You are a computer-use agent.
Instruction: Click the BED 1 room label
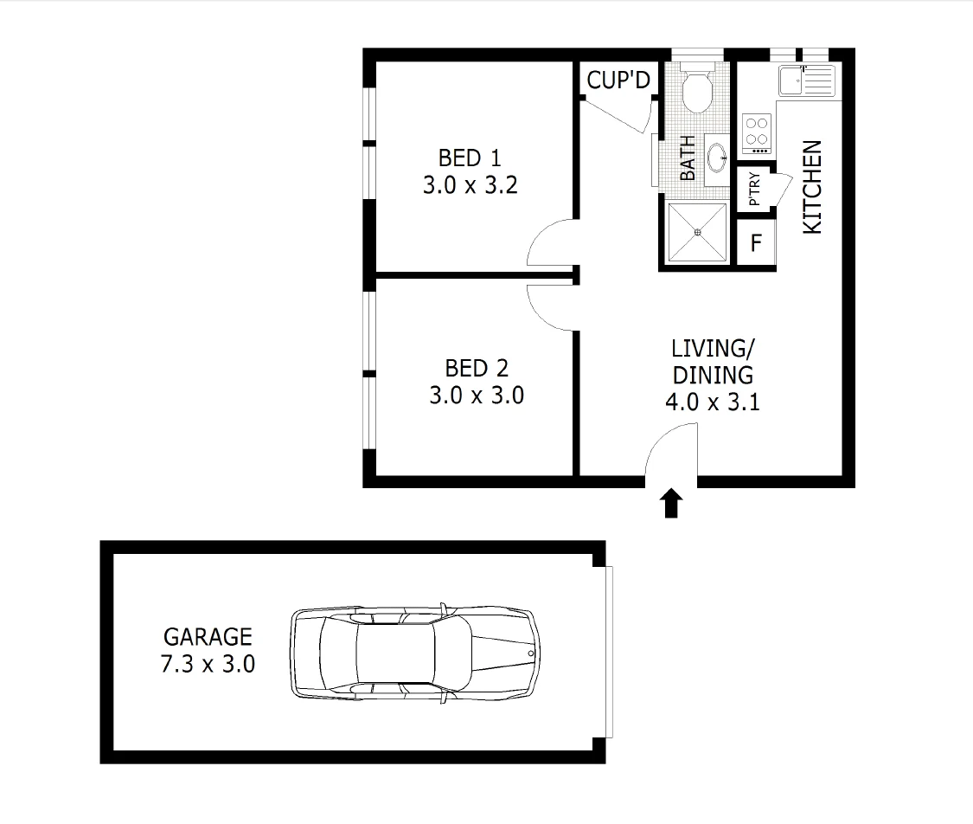[470, 158]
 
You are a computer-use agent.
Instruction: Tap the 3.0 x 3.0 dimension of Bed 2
[476, 396]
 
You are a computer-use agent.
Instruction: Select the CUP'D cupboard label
[618, 80]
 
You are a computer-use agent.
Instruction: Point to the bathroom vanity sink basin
[717, 157]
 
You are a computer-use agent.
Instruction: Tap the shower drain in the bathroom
[698, 231]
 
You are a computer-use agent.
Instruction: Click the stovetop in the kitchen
[757, 132]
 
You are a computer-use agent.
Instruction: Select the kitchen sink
[804, 81]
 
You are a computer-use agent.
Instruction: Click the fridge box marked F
[756, 243]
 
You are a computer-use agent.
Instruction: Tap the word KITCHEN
[812, 186]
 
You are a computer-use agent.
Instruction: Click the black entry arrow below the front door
[671, 503]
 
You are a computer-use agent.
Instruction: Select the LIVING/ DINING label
[713, 362]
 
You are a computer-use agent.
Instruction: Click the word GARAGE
[208, 637]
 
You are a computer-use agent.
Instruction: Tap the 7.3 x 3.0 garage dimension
[208, 665]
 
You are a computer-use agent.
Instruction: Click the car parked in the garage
[415, 651]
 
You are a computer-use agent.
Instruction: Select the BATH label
[688, 158]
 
